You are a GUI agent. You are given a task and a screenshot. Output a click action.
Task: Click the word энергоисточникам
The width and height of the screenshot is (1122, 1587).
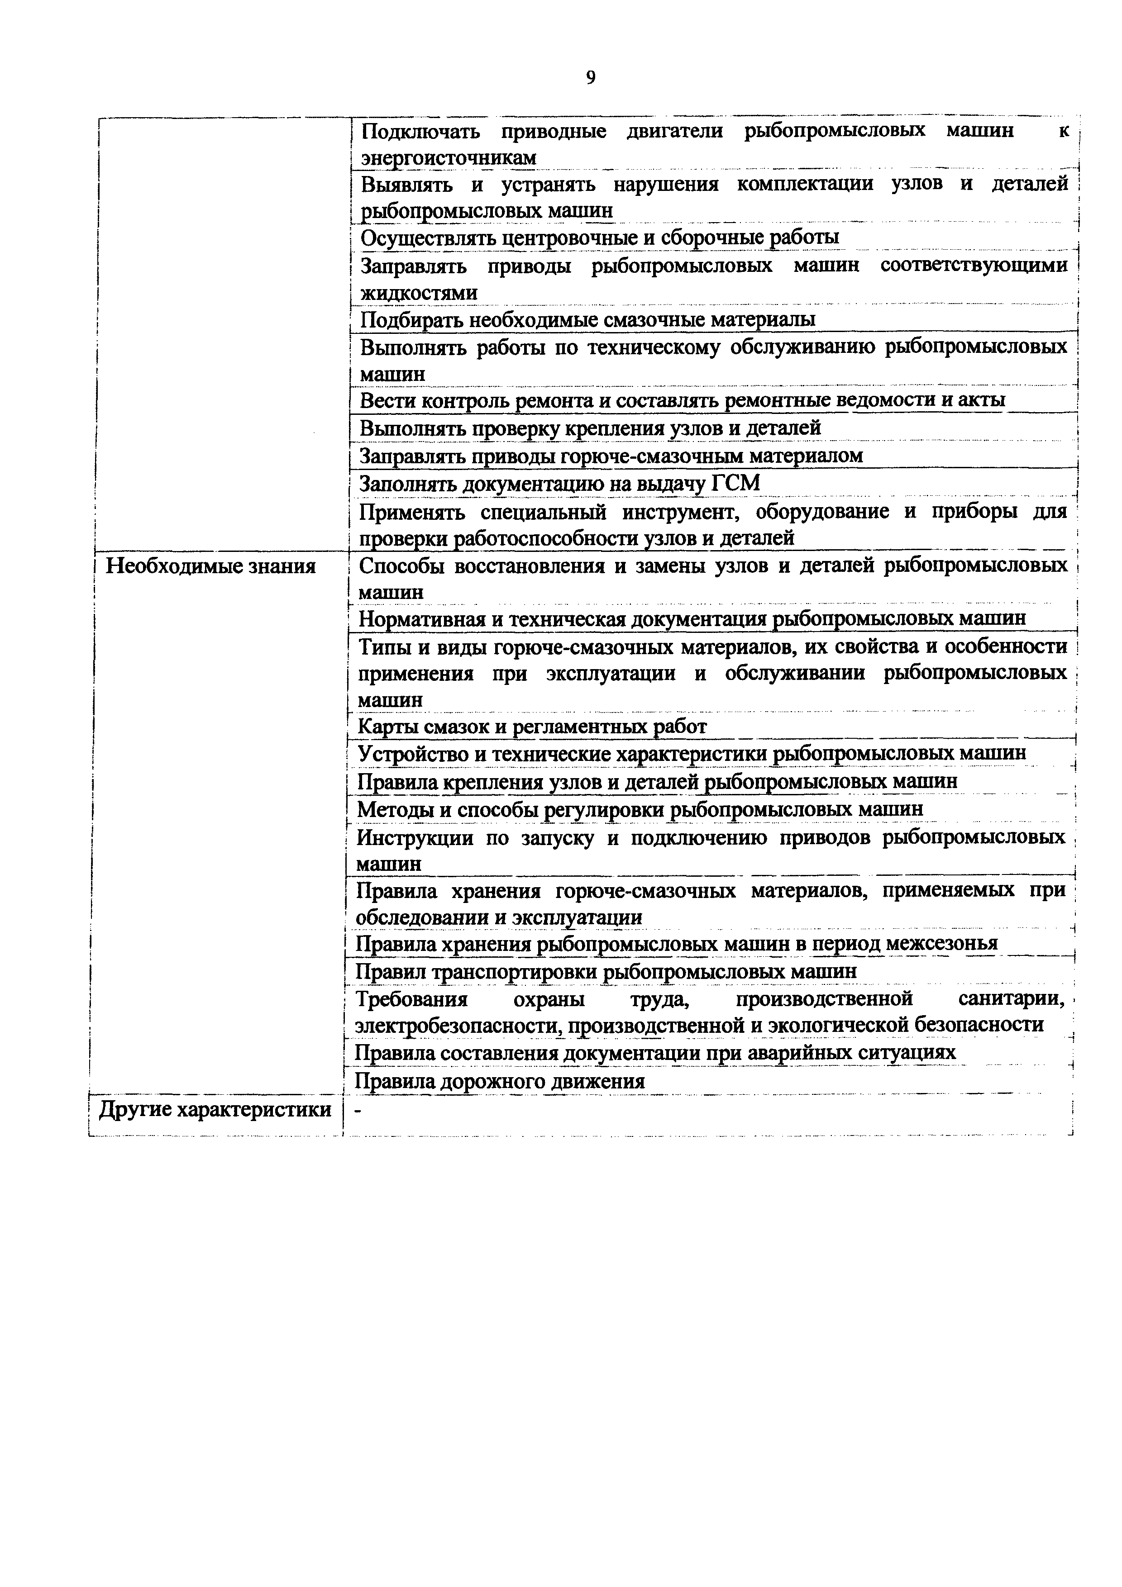click(449, 158)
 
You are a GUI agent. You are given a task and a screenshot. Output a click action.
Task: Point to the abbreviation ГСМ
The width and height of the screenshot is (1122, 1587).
click(735, 483)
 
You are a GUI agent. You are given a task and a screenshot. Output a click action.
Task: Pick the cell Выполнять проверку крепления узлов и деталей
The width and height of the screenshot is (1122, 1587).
click(590, 428)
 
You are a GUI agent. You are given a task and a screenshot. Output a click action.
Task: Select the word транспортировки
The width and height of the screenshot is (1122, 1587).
click(513, 972)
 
